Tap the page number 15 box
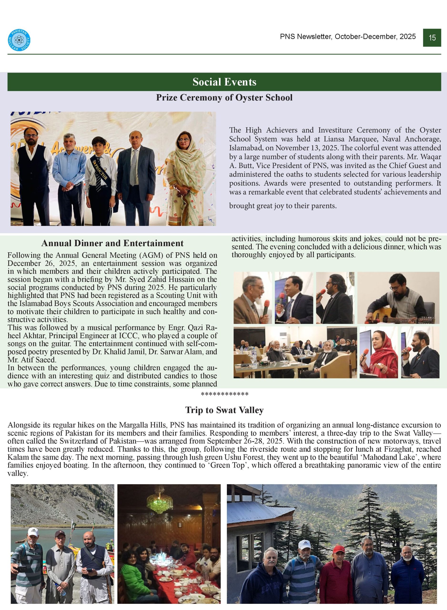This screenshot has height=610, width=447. (x=432, y=38)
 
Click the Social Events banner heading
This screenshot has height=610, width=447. (x=224, y=82)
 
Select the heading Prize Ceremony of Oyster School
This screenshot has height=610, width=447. (x=224, y=97)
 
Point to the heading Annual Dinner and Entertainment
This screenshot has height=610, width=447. (x=112, y=243)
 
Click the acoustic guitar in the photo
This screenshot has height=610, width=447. (x=390, y=316)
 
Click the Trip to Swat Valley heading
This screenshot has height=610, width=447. (x=224, y=410)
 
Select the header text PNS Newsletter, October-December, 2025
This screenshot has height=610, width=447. (x=348, y=36)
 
